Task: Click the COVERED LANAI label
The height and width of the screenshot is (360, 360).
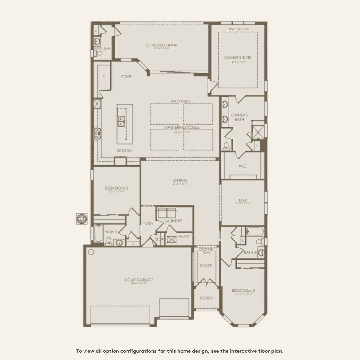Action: (x=161, y=45)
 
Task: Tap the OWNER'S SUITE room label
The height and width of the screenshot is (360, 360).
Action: (x=238, y=57)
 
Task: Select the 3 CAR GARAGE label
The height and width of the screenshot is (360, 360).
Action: (x=138, y=280)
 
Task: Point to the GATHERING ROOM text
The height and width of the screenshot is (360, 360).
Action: (x=182, y=127)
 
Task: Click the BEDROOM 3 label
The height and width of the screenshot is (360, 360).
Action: (x=116, y=188)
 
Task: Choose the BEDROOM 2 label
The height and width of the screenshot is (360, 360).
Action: (x=243, y=291)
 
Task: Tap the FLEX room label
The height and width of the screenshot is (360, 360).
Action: (x=243, y=200)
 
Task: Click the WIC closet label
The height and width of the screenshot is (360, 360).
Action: (x=242, y=166)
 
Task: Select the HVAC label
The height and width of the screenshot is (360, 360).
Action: (x=184, y=237)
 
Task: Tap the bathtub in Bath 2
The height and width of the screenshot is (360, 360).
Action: (x=255, y=232)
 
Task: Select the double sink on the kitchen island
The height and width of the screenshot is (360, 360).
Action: (x=121, y=121)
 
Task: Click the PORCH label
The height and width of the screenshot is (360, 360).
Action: (x=207, y=298)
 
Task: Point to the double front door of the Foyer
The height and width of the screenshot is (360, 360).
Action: (x=206, y=282)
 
